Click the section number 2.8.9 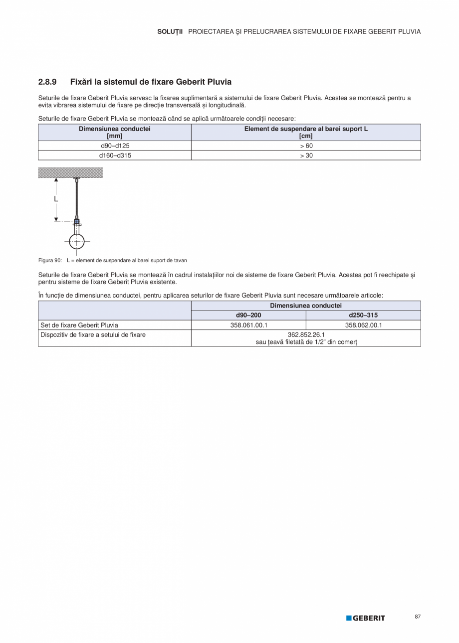pos(47,82)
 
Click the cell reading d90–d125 pos(115,146)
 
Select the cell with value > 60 pos(306,146)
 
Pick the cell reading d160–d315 pos(115,156)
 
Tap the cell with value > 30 pos(306,156)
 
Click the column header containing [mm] pos(115,132)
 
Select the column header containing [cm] pos(306,132)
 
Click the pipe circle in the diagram pos(76,241)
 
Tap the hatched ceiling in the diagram pos(70,172)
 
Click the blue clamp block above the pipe pos(76,221)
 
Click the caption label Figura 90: pos(50,260)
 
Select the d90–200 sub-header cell pos(248,315)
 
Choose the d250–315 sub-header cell pos(363,315)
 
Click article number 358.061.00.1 pos(248,325)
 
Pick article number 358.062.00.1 pos(363,325)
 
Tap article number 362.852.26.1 pos(306,335)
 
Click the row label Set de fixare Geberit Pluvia pos(79,325)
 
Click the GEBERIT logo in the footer pos(366,618)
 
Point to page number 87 pos(418,617)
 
